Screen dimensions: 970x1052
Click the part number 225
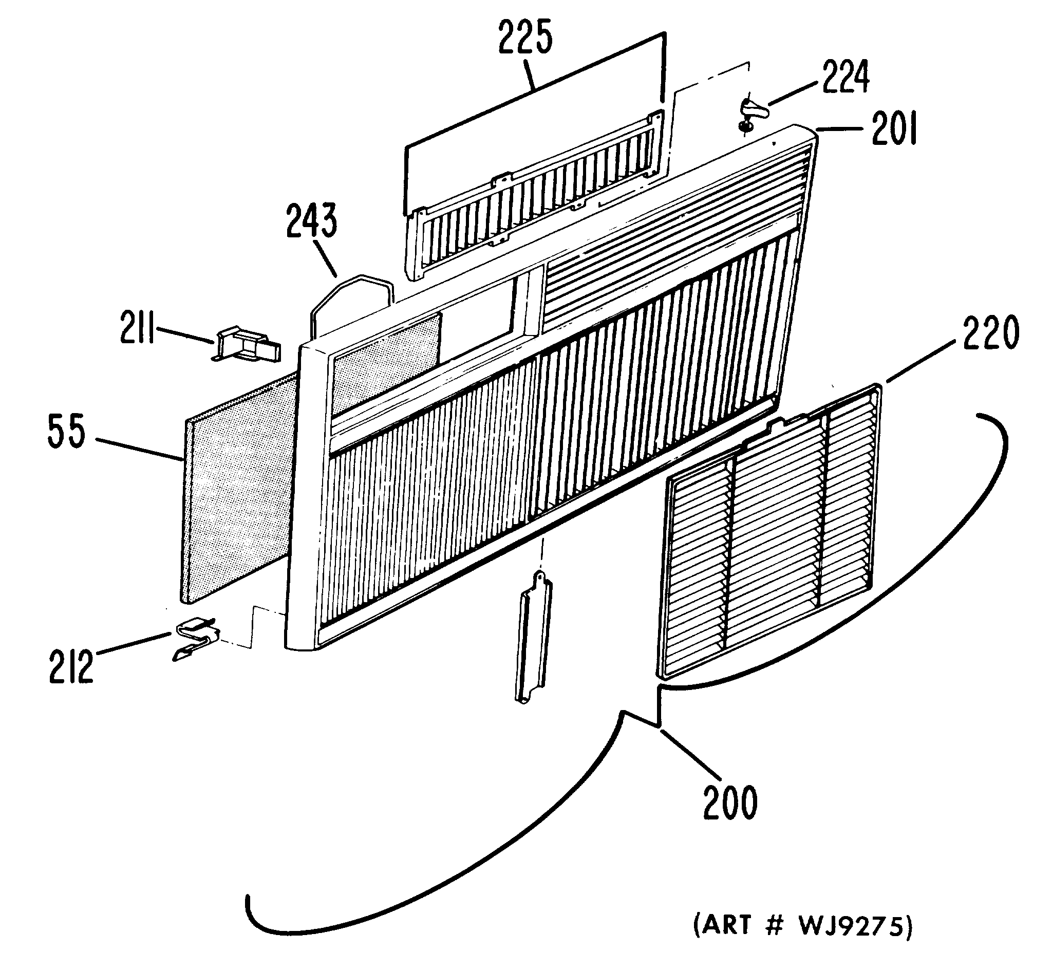[524, 39]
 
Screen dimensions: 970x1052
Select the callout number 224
[846, 77]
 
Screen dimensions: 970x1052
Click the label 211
[137, 328]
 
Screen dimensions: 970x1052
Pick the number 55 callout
[66, 431]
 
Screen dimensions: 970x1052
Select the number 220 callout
[990, 332]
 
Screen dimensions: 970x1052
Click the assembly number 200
[730, 802]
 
